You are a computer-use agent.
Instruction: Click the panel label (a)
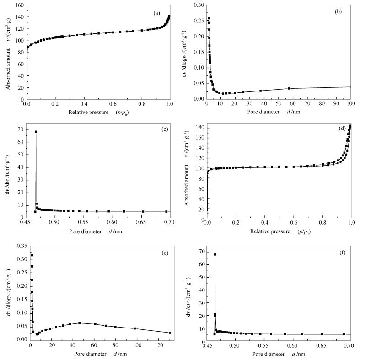[x=156, y=13]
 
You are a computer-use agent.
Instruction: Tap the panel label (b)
[x=338, y=11]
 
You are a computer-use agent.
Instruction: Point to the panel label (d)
[x=341, y=128]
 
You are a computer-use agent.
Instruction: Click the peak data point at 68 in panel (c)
[x=36, y=132]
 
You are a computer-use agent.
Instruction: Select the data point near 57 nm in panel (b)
[x=289, y=88]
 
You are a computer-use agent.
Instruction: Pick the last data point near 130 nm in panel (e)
[x=170, y=333]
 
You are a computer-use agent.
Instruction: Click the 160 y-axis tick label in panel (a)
[x=19, y=5]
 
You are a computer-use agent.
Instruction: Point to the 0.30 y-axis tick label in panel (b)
[x=197, y=5]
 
